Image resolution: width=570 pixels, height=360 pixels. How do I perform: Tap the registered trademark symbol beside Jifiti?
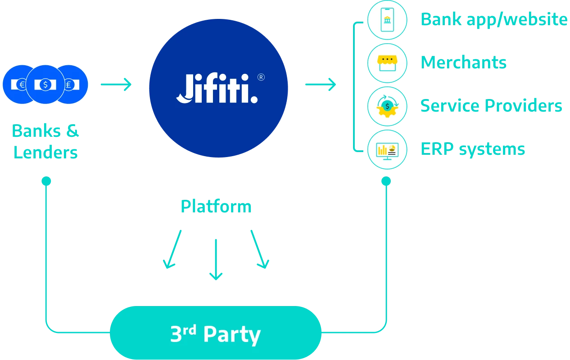[x=261, y=77]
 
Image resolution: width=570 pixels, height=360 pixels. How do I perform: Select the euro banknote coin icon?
[x=18, y=84]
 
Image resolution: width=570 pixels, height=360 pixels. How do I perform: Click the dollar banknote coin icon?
[x=45, y=84]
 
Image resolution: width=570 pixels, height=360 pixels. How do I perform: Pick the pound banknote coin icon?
[x=72, y=84]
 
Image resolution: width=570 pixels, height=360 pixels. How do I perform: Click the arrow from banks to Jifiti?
[x=115, y=84]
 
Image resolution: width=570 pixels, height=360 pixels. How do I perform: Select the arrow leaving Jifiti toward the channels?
[x=320, y=84]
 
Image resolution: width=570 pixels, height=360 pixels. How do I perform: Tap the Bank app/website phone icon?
[x=387, y=20]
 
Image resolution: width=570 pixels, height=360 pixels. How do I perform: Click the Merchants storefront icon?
[x=387, y=63]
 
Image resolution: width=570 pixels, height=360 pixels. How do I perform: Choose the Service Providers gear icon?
[x=387, y=106]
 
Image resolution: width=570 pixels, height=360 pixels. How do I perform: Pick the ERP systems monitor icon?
[x=387, y=149]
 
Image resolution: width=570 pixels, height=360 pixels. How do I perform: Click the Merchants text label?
[x=464, y=62]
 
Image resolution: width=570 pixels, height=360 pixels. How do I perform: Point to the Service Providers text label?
[x=491, y=106]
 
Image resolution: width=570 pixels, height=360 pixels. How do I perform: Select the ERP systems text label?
[x=473, y=149]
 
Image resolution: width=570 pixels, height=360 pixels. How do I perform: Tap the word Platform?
[x=216, y=206]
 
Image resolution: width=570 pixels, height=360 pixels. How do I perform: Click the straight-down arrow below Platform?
[x=216, y=259]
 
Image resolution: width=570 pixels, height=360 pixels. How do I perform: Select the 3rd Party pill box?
[x=215, y=333]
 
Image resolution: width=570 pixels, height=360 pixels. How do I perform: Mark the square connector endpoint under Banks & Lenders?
[x=45, y=181]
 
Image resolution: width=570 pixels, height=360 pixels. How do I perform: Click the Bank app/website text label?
[x=494, y=20]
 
